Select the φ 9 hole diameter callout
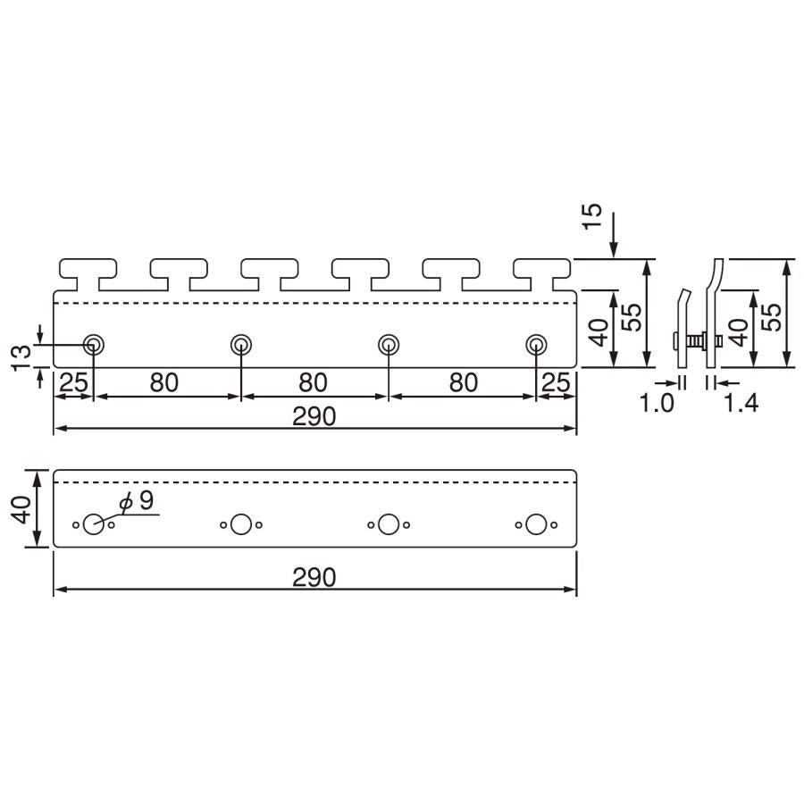[137, 500]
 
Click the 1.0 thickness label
[657, 403]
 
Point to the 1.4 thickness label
[741, 403]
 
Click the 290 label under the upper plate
[314, 416]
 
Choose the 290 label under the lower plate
[314, 577]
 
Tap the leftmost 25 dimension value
[74, 382]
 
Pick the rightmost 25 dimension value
[556, 382]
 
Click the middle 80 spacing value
[313, 382]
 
